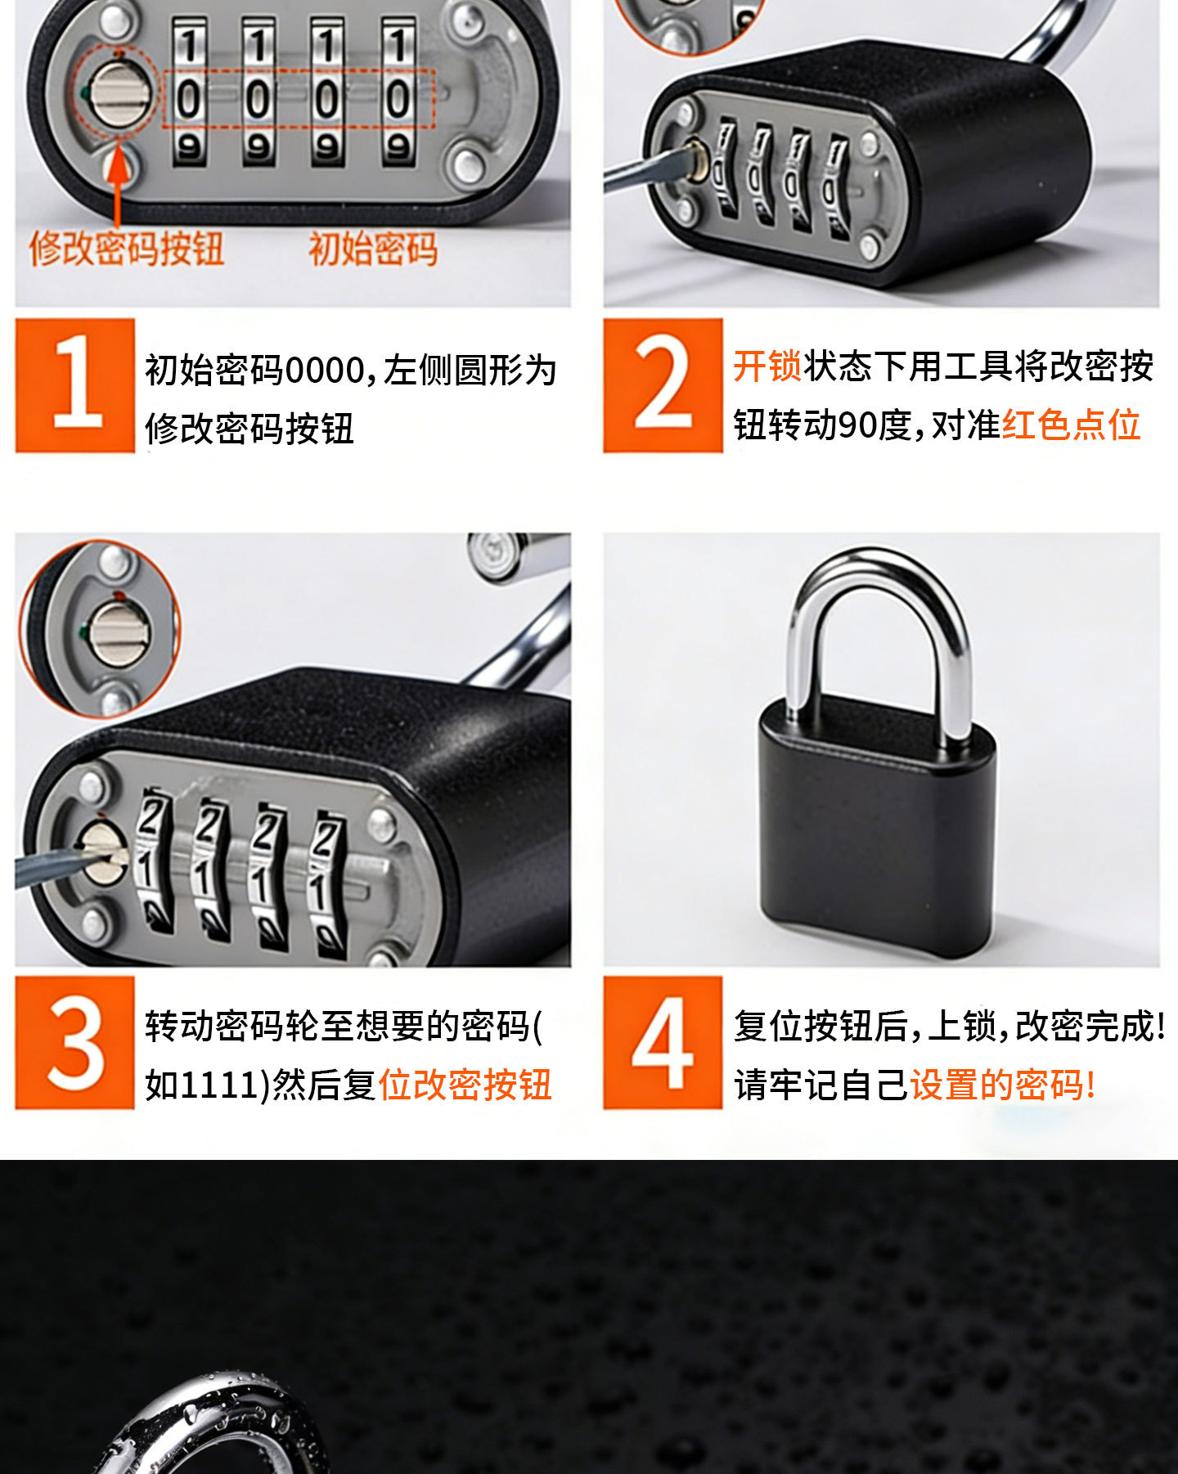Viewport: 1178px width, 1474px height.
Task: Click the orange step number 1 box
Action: [74, 385]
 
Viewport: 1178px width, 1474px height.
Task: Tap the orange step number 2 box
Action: [663, 385]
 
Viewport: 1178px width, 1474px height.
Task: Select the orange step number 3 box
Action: [74, 1042]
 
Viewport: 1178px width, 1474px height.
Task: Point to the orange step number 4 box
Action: [663, 1042]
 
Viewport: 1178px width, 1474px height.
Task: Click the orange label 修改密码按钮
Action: [127, 248]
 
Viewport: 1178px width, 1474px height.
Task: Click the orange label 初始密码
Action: [373, 248]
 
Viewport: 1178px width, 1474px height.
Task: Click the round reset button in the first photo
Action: [119, 93]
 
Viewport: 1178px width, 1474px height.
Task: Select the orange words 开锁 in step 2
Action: [767, 366]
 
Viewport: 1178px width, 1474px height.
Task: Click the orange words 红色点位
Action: [1072, 425]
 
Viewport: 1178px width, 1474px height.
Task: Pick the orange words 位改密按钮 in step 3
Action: [465, 1085]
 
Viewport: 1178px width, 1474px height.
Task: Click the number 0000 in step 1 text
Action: [322, 371]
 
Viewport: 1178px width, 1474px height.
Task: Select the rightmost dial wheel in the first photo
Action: [398, 92]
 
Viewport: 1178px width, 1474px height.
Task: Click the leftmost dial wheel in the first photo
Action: [189, 92]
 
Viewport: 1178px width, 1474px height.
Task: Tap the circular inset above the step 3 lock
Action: [100, 628]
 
